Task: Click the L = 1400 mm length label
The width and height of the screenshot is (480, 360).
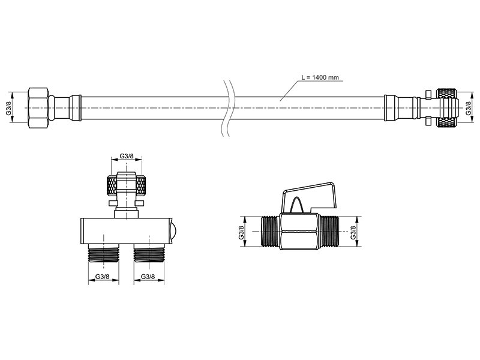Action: click(320, 77)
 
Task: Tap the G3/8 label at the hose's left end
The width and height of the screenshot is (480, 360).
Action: click(9, 108)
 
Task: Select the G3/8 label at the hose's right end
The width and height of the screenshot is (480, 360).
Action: click(469, 109)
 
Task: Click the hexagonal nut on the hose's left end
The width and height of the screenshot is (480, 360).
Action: click(38, 108)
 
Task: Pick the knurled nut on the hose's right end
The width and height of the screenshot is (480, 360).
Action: click(447, 108)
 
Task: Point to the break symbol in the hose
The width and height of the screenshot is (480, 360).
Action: click(227, 108)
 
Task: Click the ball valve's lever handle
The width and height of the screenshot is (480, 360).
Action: click(310, 196)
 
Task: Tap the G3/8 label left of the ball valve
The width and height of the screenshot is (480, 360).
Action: click(242, 232)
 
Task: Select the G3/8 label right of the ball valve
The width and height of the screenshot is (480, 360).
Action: click(353, 232)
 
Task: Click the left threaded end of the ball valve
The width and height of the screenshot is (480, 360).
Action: click(269, 232)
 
